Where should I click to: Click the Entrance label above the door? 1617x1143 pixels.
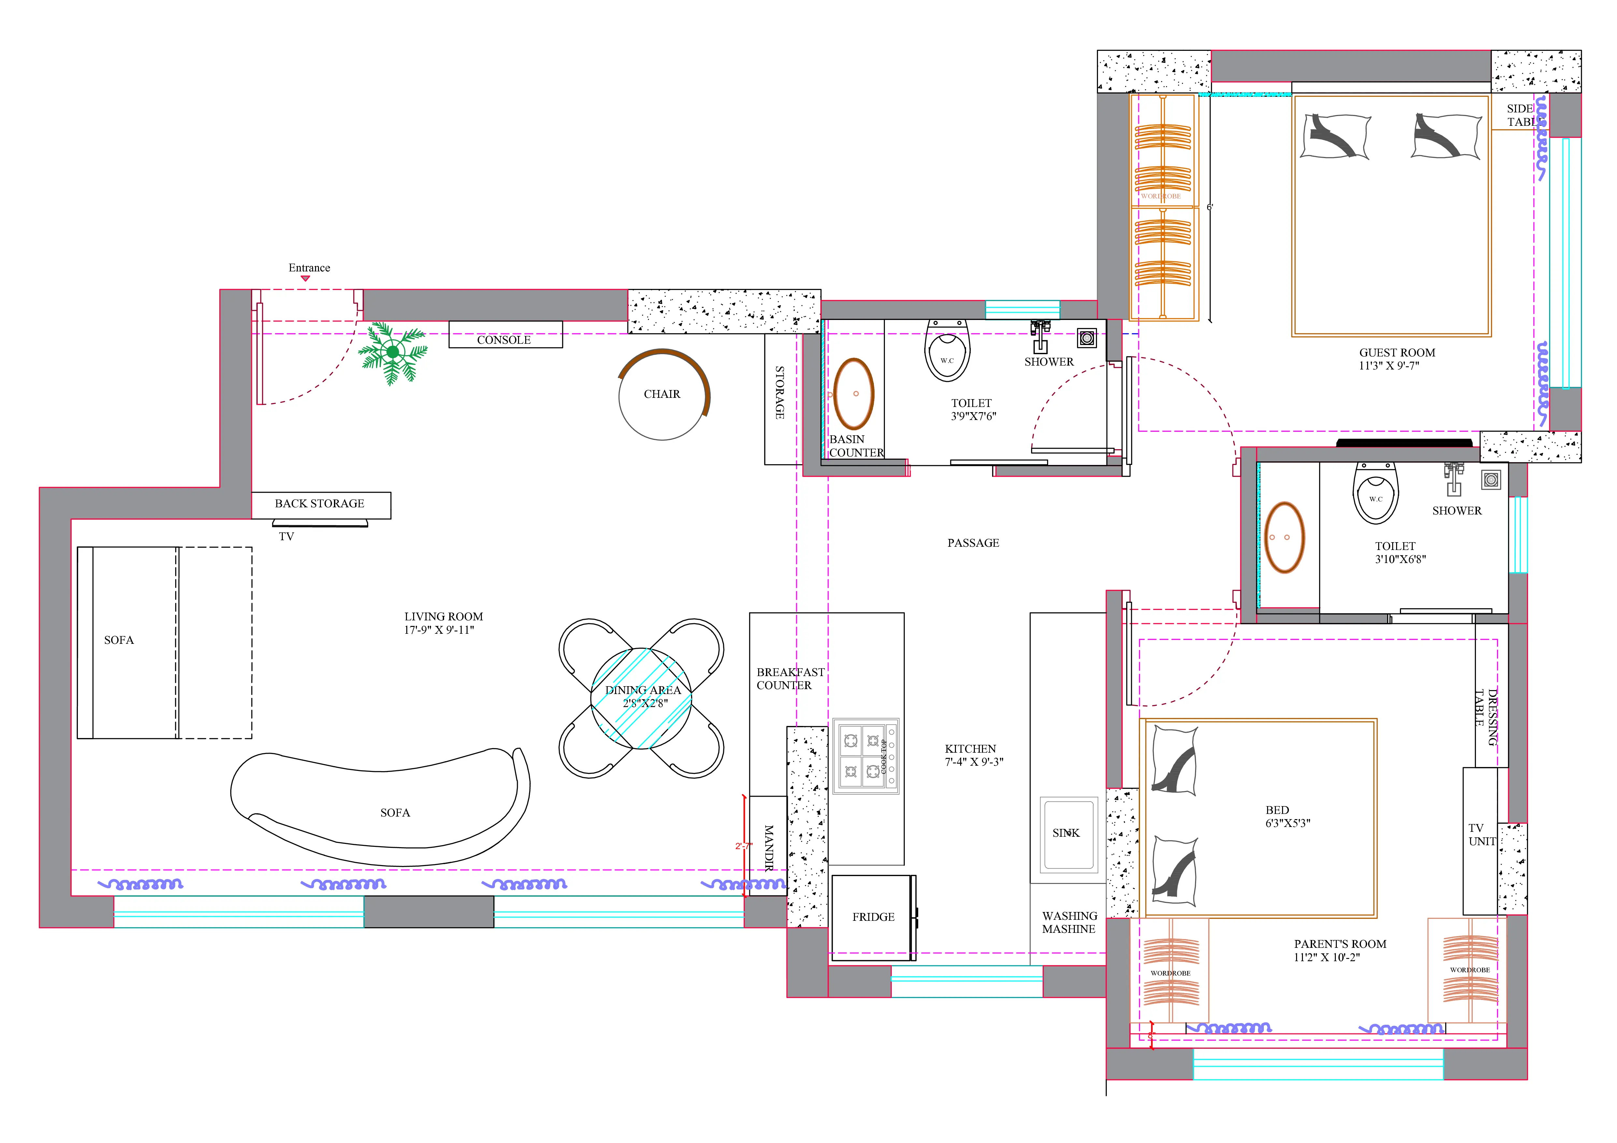[309, 268]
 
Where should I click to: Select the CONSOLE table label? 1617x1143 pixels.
[504, 340]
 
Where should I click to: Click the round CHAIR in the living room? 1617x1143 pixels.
[662, 394]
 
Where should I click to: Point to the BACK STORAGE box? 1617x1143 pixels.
[321, 504]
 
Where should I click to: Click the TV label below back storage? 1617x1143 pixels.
[286, 537]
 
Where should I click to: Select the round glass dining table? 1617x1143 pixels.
[642, 699]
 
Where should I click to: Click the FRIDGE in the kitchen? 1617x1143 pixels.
[873, 917]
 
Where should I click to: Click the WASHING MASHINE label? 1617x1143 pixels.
[1069, 922]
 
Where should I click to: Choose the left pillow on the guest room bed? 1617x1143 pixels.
[1335, 137]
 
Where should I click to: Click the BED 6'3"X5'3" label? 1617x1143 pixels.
[1287, 816]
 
